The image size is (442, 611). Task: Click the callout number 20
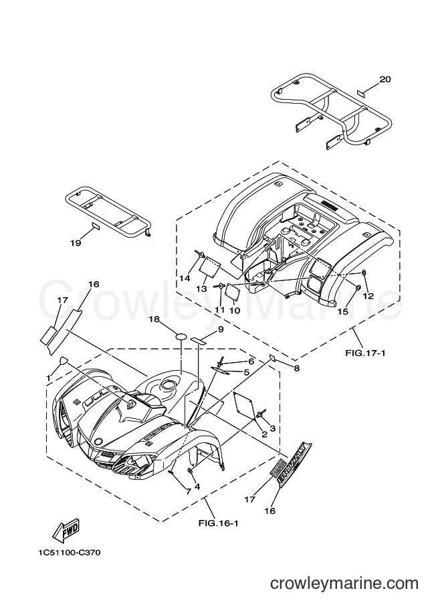pyautogui.click(x=384, y=80)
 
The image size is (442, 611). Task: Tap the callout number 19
pyautogui.click(x=76, y=243)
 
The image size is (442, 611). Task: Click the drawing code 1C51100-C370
pyautogui.click(x=70, y=553)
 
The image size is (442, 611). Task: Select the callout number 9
pyautogui.click(x=221, y=330)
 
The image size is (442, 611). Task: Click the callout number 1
pyautogui.click(x=48, y=378)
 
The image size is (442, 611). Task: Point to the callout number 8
pyautogui.click(x=297, y=368)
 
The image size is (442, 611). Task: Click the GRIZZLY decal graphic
pyautogui.click(x=295, y=464)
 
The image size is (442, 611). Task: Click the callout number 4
pyautogui.click(x=197, y=487)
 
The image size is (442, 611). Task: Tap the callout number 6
pyautogui.click(x=251, y=361)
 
